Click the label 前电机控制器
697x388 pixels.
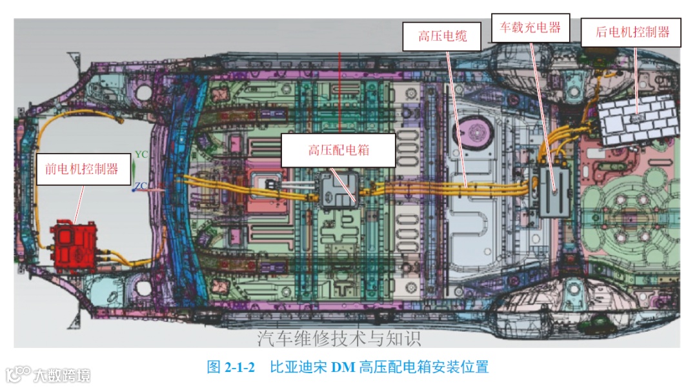[x=82, y=169]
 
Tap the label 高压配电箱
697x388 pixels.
[x=338, y=150]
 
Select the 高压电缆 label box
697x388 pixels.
[x=442, y=36]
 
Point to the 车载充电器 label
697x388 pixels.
[x=530, y=28]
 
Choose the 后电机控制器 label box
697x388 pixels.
[x=631, y=32]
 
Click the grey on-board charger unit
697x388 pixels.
[x=556, y=190]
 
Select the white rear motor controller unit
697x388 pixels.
[x=638, y=119]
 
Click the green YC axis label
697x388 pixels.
[x=142, y=155]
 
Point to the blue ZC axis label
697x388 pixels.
[x=141, y=186]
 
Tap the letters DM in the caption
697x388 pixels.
[x=343, y=367]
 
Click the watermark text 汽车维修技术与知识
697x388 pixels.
[x=339, y=338]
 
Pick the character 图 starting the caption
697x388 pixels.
[x=214, y=367]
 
